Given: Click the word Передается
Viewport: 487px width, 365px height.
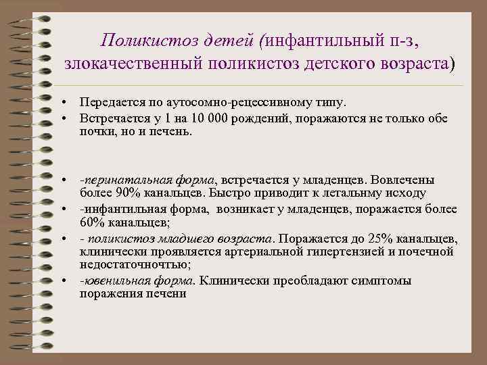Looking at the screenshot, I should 108,102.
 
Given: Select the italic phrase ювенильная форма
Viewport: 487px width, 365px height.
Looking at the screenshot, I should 138,281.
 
